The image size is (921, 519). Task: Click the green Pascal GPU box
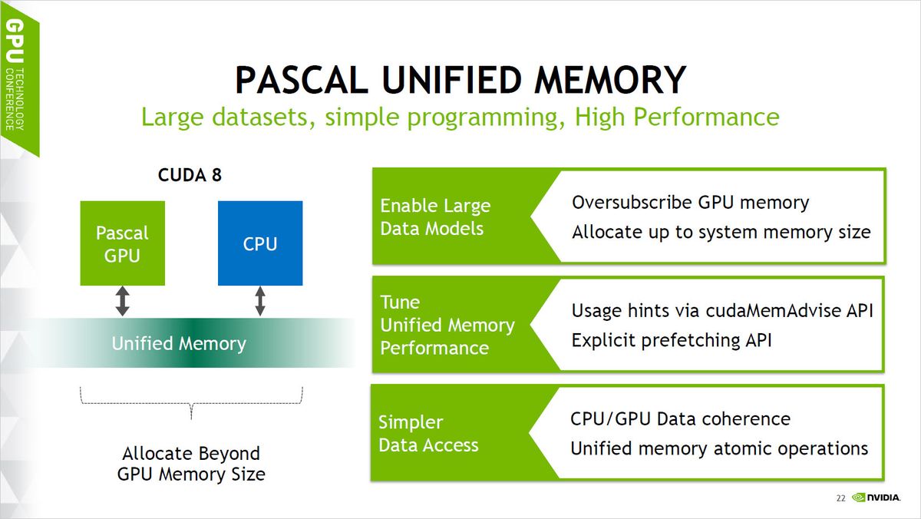122,243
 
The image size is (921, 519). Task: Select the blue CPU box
260,243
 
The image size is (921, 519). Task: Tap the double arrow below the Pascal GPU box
122,301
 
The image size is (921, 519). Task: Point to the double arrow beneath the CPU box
260,301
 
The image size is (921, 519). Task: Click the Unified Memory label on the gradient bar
179,343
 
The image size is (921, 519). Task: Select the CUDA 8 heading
190,176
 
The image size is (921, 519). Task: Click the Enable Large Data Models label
435,217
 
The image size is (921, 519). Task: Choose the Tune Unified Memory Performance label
447,325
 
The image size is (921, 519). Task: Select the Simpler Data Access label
428,434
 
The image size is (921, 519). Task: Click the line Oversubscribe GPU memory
690,203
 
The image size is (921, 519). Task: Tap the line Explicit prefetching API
672,339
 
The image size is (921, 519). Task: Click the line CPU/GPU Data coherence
680,418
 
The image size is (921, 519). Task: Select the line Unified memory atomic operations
719,448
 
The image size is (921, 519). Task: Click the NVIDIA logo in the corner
876,498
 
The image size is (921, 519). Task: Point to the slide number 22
840,499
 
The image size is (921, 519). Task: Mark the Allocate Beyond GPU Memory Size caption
191,464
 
